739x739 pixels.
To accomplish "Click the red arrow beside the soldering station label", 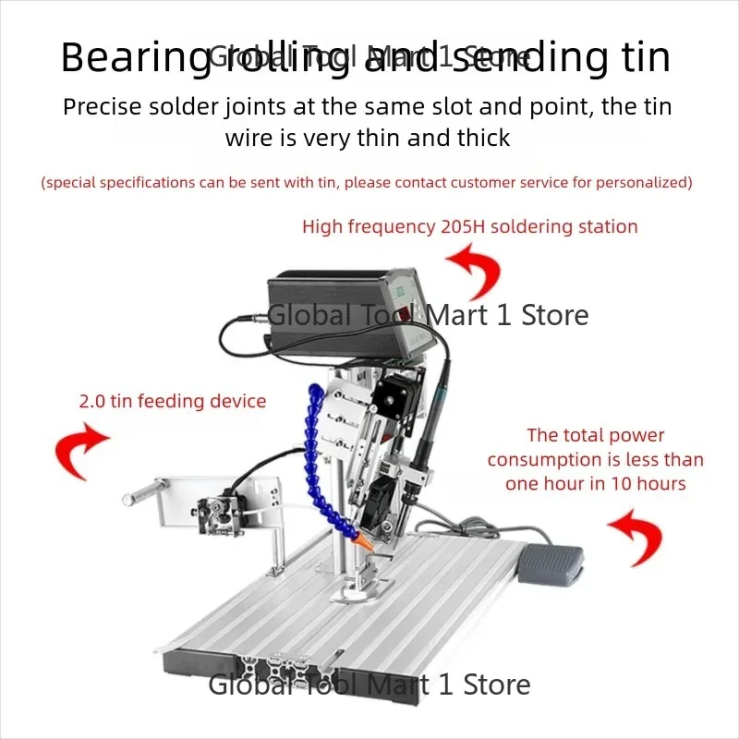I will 477,269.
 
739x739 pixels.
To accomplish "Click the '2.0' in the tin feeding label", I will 91,401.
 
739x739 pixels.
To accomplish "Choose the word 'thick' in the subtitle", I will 482,138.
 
